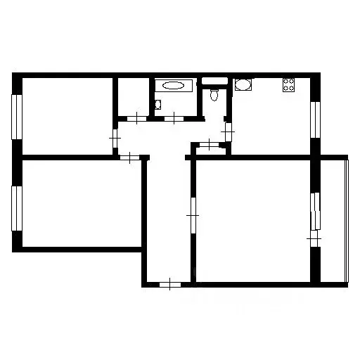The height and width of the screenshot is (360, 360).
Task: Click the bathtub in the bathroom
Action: coord(172,86)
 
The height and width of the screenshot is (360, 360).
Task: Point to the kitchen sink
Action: coord(243,86)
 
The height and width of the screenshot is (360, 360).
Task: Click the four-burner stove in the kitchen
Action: coord(289,86)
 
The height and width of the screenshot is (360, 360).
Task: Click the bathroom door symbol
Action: coord(174,117)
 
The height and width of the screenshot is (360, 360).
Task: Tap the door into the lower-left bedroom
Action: coord(131,157)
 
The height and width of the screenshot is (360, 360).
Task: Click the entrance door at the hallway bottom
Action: coord(170,284)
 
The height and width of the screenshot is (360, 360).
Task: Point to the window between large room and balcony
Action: coord(316,211)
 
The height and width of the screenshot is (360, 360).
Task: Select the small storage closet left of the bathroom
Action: coord(132,96)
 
